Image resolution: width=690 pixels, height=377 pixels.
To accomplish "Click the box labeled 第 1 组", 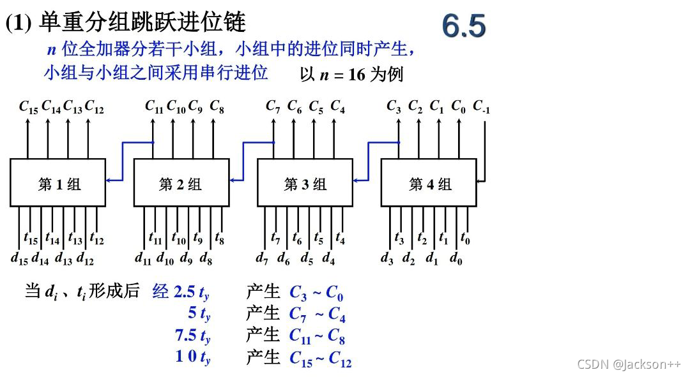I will pos(57,183).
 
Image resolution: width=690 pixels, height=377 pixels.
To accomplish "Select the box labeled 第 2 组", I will pos(181,183).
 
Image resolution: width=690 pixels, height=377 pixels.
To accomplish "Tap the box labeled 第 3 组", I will pos(305,183).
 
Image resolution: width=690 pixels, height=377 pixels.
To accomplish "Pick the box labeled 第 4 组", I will pos(429,183).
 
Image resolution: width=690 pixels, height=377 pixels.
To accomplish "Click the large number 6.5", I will pos(463,26).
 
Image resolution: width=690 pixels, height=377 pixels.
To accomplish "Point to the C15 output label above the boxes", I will pos(28,107).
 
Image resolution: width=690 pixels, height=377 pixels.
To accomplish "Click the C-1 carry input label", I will pos(481,107).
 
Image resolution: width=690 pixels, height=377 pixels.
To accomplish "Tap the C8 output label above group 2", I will pos(217,106).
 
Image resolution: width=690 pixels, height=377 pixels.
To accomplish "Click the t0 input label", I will pos(465,239).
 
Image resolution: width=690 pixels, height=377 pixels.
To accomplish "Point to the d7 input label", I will pos(262,258).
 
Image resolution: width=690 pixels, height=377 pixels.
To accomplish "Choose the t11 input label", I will pos(155,239).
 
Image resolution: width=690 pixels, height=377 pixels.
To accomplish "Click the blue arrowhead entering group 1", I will pos(109,181).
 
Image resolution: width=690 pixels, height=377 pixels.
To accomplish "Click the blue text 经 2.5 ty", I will pos(181,293).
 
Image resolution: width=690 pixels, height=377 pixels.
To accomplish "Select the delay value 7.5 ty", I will pos(192,336).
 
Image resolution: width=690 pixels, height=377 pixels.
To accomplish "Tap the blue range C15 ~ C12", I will pos(320,359).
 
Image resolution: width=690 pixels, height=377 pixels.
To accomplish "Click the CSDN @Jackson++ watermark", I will pos(629,364).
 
